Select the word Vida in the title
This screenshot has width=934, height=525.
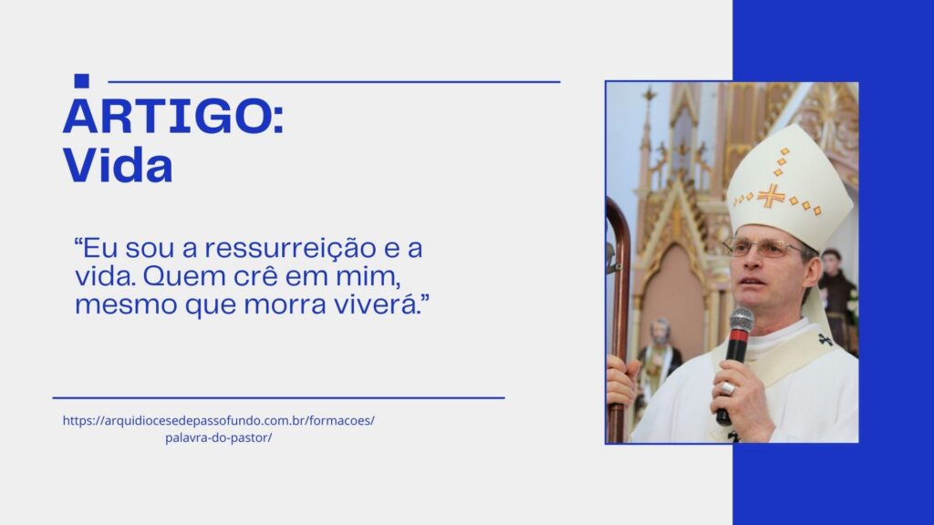(118, 165)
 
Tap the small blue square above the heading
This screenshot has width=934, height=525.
(81, 81)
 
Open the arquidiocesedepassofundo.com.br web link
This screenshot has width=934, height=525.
(219, 421)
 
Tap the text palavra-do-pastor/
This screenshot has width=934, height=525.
(219, 437)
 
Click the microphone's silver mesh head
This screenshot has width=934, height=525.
(742, 320)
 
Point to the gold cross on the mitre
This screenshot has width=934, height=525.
(771, 196)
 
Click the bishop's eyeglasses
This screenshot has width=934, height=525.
(762, 247)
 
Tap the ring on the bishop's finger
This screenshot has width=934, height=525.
(728, 388)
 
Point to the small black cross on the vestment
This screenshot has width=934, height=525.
(825, 340)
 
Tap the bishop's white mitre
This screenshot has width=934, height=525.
(789, 184)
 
